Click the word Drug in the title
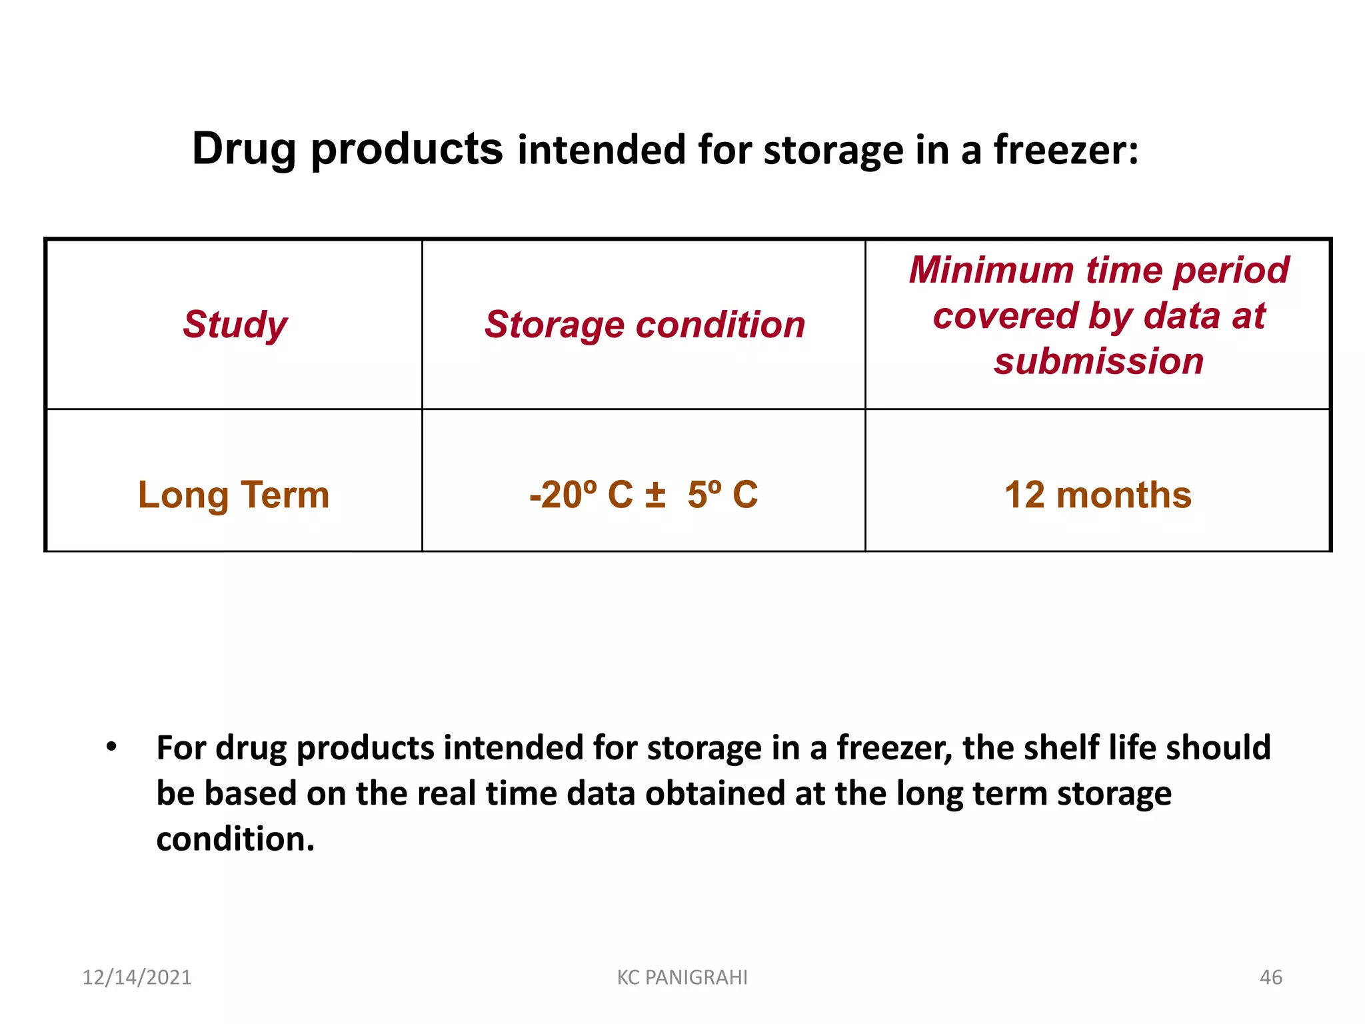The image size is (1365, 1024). (x=243, y=149)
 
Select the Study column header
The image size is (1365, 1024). (x=235, y=325)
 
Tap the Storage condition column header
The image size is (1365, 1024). (x=644, y=325)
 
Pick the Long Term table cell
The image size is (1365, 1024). (x=233, y=495)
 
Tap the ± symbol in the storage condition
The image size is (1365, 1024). (x=655, y=495)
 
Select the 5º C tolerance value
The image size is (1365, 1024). (x=722, y=495)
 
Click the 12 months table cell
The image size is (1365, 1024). (x=1098, y=495)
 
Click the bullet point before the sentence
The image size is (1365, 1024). (x=111, y=747)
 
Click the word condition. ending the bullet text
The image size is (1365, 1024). (x=235, y=839)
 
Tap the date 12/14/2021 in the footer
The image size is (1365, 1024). (x=137, y=977)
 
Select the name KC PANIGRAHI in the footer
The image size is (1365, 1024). (x=682, y=977)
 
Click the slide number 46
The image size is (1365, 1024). (x=1270, y=977)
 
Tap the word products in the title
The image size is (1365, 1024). (x=407, y=149)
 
